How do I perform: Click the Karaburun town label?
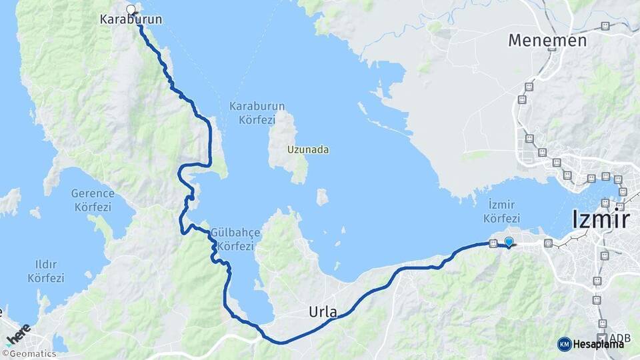131,20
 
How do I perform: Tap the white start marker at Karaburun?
131,9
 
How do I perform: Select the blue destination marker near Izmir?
509,242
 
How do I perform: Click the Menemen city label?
547,40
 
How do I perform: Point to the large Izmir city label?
601,219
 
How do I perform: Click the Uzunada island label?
308,150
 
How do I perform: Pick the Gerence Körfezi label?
93,199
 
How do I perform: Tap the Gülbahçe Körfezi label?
232,240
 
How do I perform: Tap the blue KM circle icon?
564,344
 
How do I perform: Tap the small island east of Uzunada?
322,197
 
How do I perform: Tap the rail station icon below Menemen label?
529,87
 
